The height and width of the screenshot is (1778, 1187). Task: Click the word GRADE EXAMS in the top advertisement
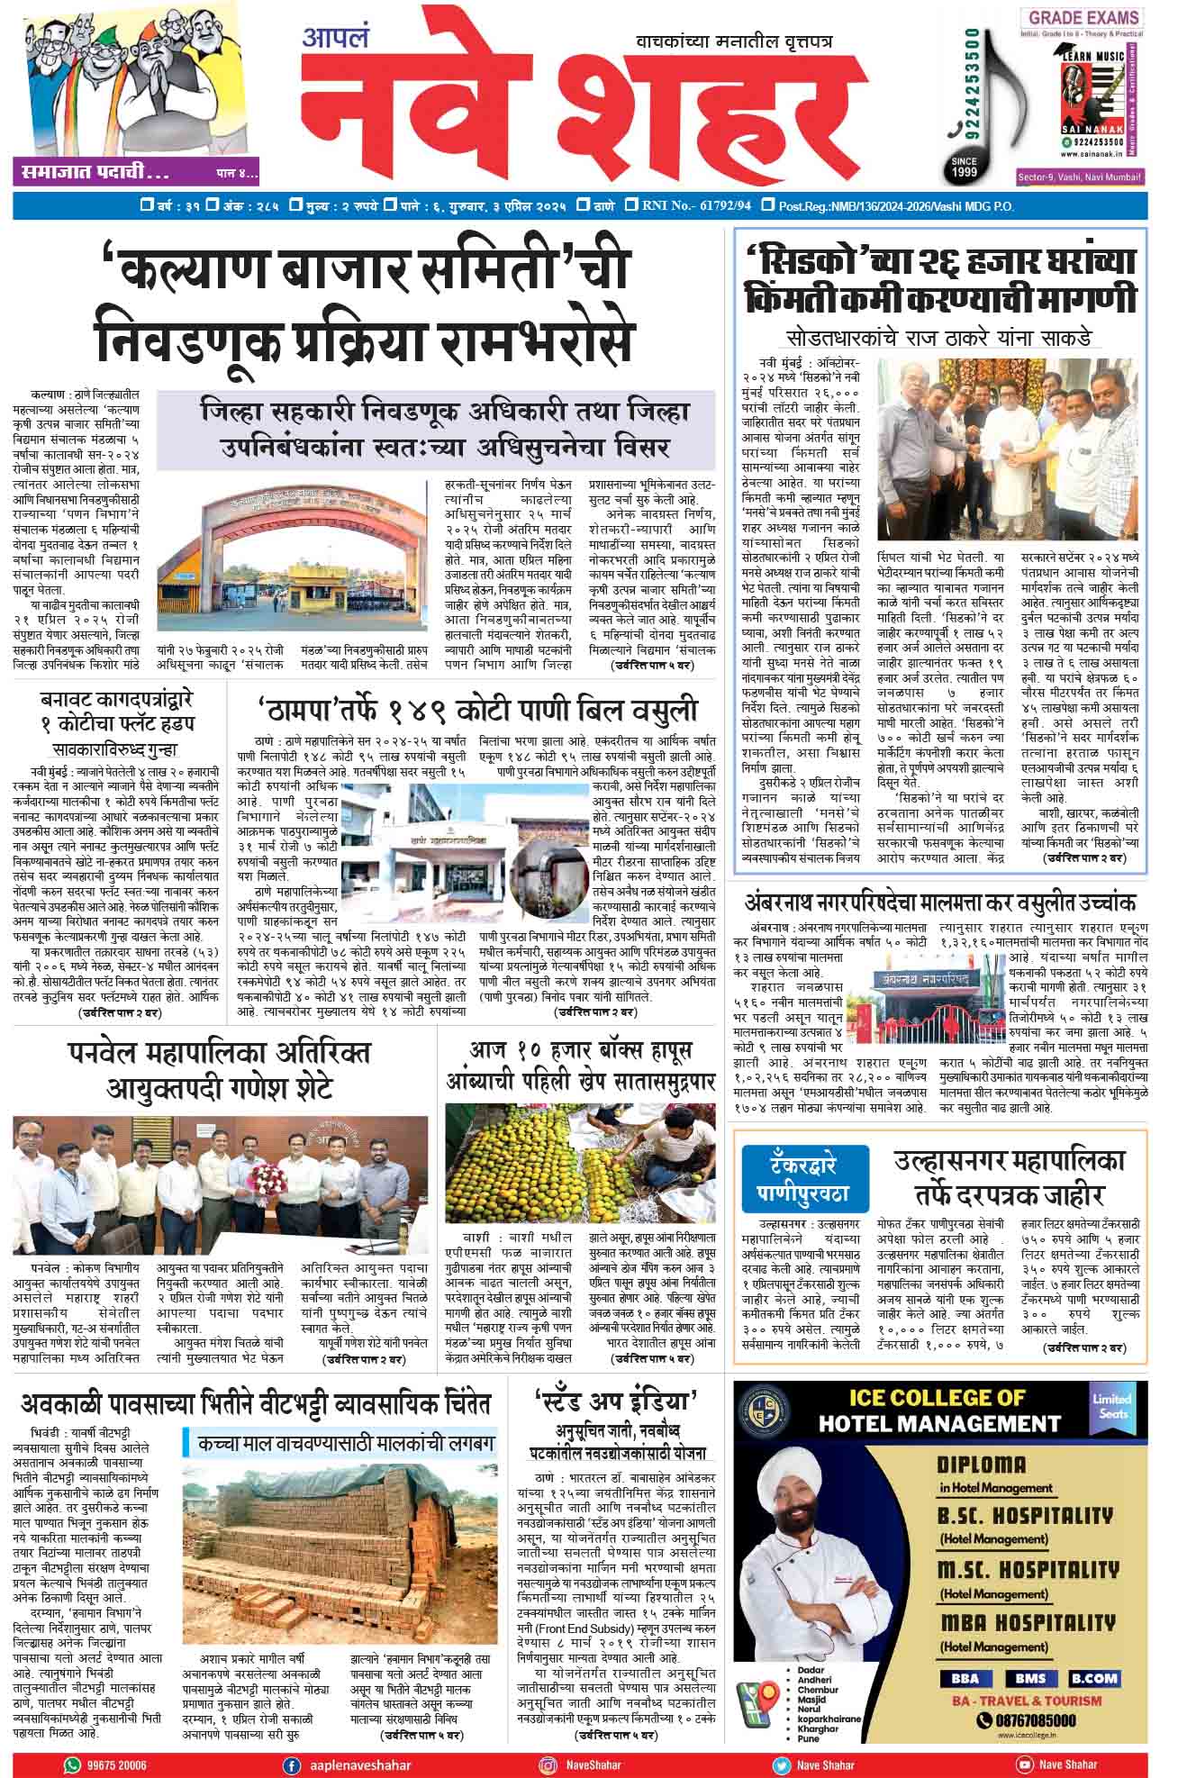coord(1083,18)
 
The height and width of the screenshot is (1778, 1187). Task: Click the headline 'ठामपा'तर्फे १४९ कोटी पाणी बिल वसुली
coord(476,708)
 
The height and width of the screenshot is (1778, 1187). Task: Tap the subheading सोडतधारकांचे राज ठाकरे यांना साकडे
coord(938,339)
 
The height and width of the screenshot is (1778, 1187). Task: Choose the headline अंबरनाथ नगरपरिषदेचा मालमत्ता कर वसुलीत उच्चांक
coord(939,903)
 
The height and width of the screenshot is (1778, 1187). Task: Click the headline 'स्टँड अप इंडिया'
coord(616,1402)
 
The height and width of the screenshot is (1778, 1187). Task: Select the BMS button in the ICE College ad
coord(1030,1679)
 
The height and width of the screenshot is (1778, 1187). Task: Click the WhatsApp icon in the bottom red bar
coord(72,1765)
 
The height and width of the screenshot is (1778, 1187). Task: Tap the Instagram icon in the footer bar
coord(547,1765)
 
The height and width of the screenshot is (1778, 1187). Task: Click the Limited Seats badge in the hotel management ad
coord(1110,1406)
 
